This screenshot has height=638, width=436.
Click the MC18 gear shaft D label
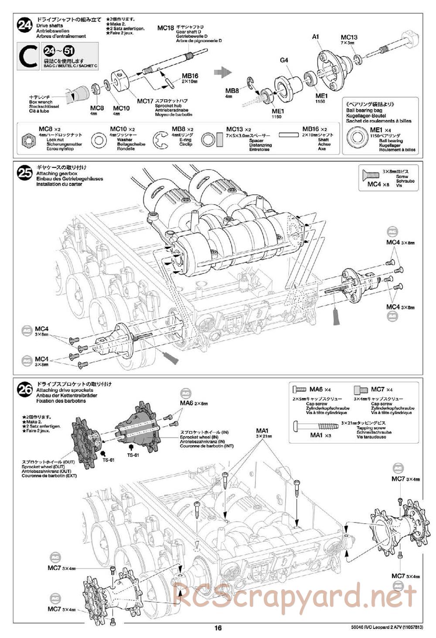166,28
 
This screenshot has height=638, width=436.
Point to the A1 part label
316,37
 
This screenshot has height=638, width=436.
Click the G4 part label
284,61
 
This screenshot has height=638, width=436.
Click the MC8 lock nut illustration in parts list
27,140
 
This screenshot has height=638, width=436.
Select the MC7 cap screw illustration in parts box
360,389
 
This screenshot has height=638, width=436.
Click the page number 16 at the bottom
218,628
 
